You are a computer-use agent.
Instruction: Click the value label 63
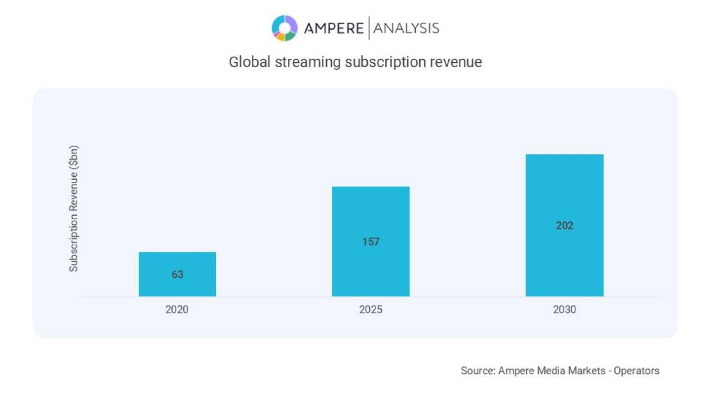[177, 275]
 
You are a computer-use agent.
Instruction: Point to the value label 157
[371, 242]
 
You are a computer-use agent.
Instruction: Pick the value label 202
[564, 226]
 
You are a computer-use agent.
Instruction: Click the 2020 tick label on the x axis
[177, 310]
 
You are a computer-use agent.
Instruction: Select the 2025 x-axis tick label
[371, 310]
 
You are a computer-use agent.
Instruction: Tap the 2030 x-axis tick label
[564, 310]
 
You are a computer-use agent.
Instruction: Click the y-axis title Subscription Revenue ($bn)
[74, 208]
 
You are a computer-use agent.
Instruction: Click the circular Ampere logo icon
[284, 28]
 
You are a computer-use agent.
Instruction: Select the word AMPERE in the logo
[333, 28]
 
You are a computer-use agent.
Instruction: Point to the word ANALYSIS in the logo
[406, 28]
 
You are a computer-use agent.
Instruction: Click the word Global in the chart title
[249, 62]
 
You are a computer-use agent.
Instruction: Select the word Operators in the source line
[636, 371]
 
